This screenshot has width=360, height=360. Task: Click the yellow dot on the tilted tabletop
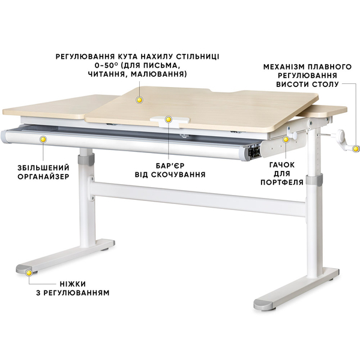point(139,100)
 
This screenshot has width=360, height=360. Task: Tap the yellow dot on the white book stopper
point(168,119)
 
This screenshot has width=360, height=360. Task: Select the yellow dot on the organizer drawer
point(43,139)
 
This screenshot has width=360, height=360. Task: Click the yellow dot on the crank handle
point(356,149)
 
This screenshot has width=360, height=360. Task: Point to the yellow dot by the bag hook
point(286,139)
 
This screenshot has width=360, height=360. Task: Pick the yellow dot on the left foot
point(29,273)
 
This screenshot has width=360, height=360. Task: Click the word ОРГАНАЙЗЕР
point(44,176)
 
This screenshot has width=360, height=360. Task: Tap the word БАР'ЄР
point(170,166)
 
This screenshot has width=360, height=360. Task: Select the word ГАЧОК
point(282,165)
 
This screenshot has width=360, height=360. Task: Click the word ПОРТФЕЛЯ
point(282,182)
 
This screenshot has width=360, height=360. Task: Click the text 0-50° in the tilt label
point(106,65)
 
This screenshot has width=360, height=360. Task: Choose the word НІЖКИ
point(73,284)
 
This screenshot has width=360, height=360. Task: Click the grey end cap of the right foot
point(263,305)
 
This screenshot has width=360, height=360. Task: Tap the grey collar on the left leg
point(86,159)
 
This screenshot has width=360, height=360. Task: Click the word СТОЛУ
point(325,84)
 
